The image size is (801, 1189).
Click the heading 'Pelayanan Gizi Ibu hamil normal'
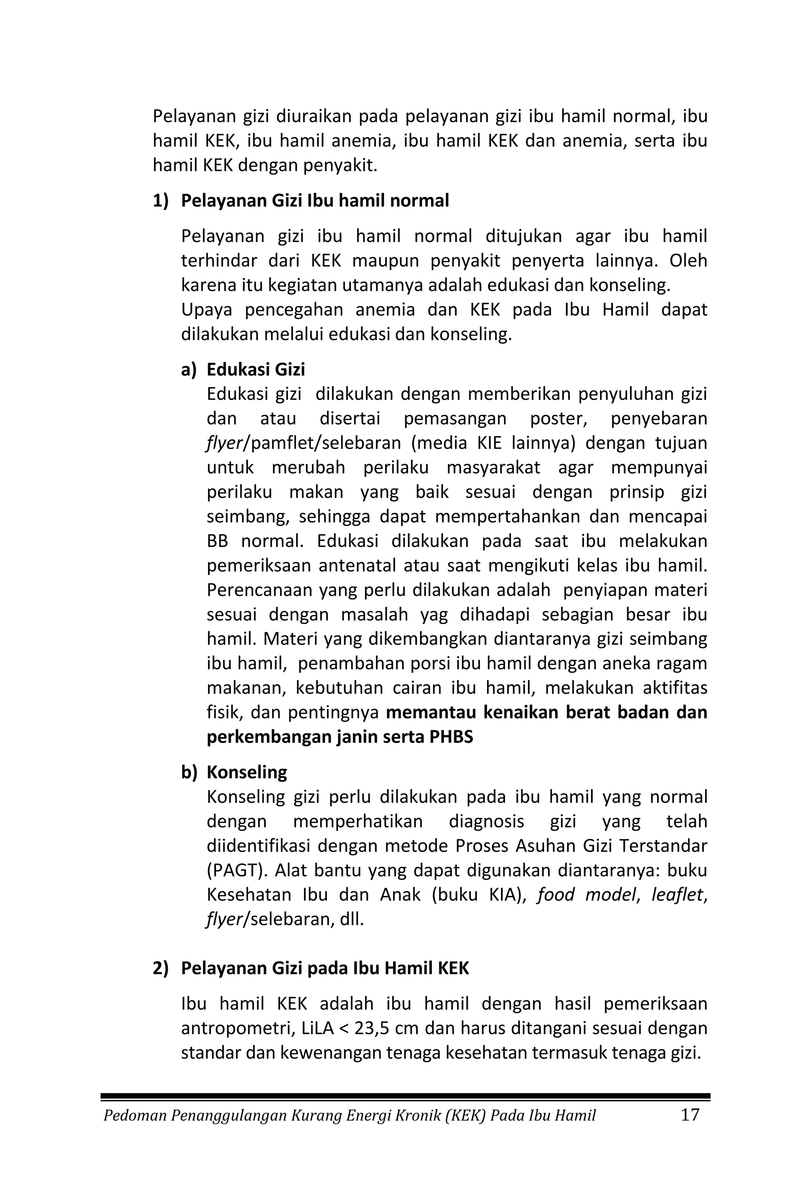pyautogui.click(x=315, y=201)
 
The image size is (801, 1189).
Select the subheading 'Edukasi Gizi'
pyautogui.click(x=255, y=369)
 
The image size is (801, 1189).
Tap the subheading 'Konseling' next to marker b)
pyautogui.click(x=247, y=772)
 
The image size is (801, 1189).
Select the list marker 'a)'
pyautogui.click(x=189, y=369)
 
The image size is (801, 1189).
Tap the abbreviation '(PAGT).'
pyautogui.click(x=235, y=870)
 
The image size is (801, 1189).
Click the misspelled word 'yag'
pyautogui.click(x=434, y=615)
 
